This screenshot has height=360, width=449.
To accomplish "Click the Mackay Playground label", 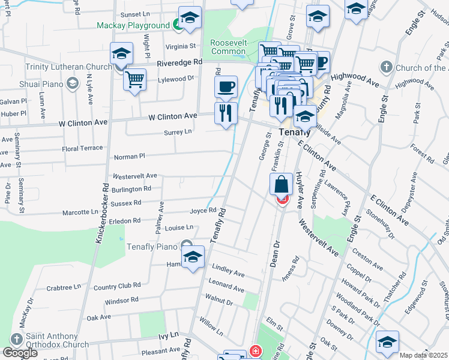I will pyautogui.click(x=134, y=26).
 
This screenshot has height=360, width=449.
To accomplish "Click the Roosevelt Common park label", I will pyautogui.click(x=228, y=47).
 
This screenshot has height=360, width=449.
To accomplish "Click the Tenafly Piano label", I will pyautogui.click(x=151, y=246).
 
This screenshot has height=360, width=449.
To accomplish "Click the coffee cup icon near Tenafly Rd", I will pyautogui.click(x=226, y=86).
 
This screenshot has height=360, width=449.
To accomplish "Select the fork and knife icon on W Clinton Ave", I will pyautogui.click(x=226, y=112).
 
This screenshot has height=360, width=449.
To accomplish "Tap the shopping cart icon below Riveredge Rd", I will pyautogui.click(x=135, y=79).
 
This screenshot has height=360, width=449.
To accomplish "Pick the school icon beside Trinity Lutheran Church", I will pyautogui.click(x=121, y=55).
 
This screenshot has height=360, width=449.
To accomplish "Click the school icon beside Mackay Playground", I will pyautogui.click(x=190, y=20).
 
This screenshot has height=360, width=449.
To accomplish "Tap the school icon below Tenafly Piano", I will pyautogui.click(x=193, y=259).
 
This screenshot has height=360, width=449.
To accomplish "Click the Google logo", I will pyautogui.click(x=20, y=353).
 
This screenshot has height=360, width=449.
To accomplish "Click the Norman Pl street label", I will pyautogui.click(x=130, y=157).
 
